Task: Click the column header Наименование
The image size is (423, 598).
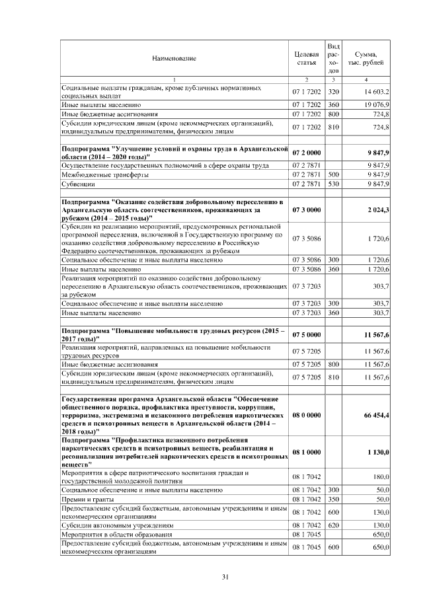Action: click(174, 59)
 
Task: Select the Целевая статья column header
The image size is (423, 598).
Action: click(307, 58)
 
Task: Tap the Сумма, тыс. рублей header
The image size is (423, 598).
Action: click(366, 58)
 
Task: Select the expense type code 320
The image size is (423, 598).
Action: click(334, 92)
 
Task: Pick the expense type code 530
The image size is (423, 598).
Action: click(334, 184)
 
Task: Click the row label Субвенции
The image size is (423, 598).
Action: click(73, 184)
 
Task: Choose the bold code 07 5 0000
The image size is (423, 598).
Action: click(307, 335)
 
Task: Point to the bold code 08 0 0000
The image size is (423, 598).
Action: click(307, 415)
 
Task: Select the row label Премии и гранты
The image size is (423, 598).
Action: click(87, 499)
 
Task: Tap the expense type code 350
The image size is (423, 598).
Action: click(334, 499)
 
